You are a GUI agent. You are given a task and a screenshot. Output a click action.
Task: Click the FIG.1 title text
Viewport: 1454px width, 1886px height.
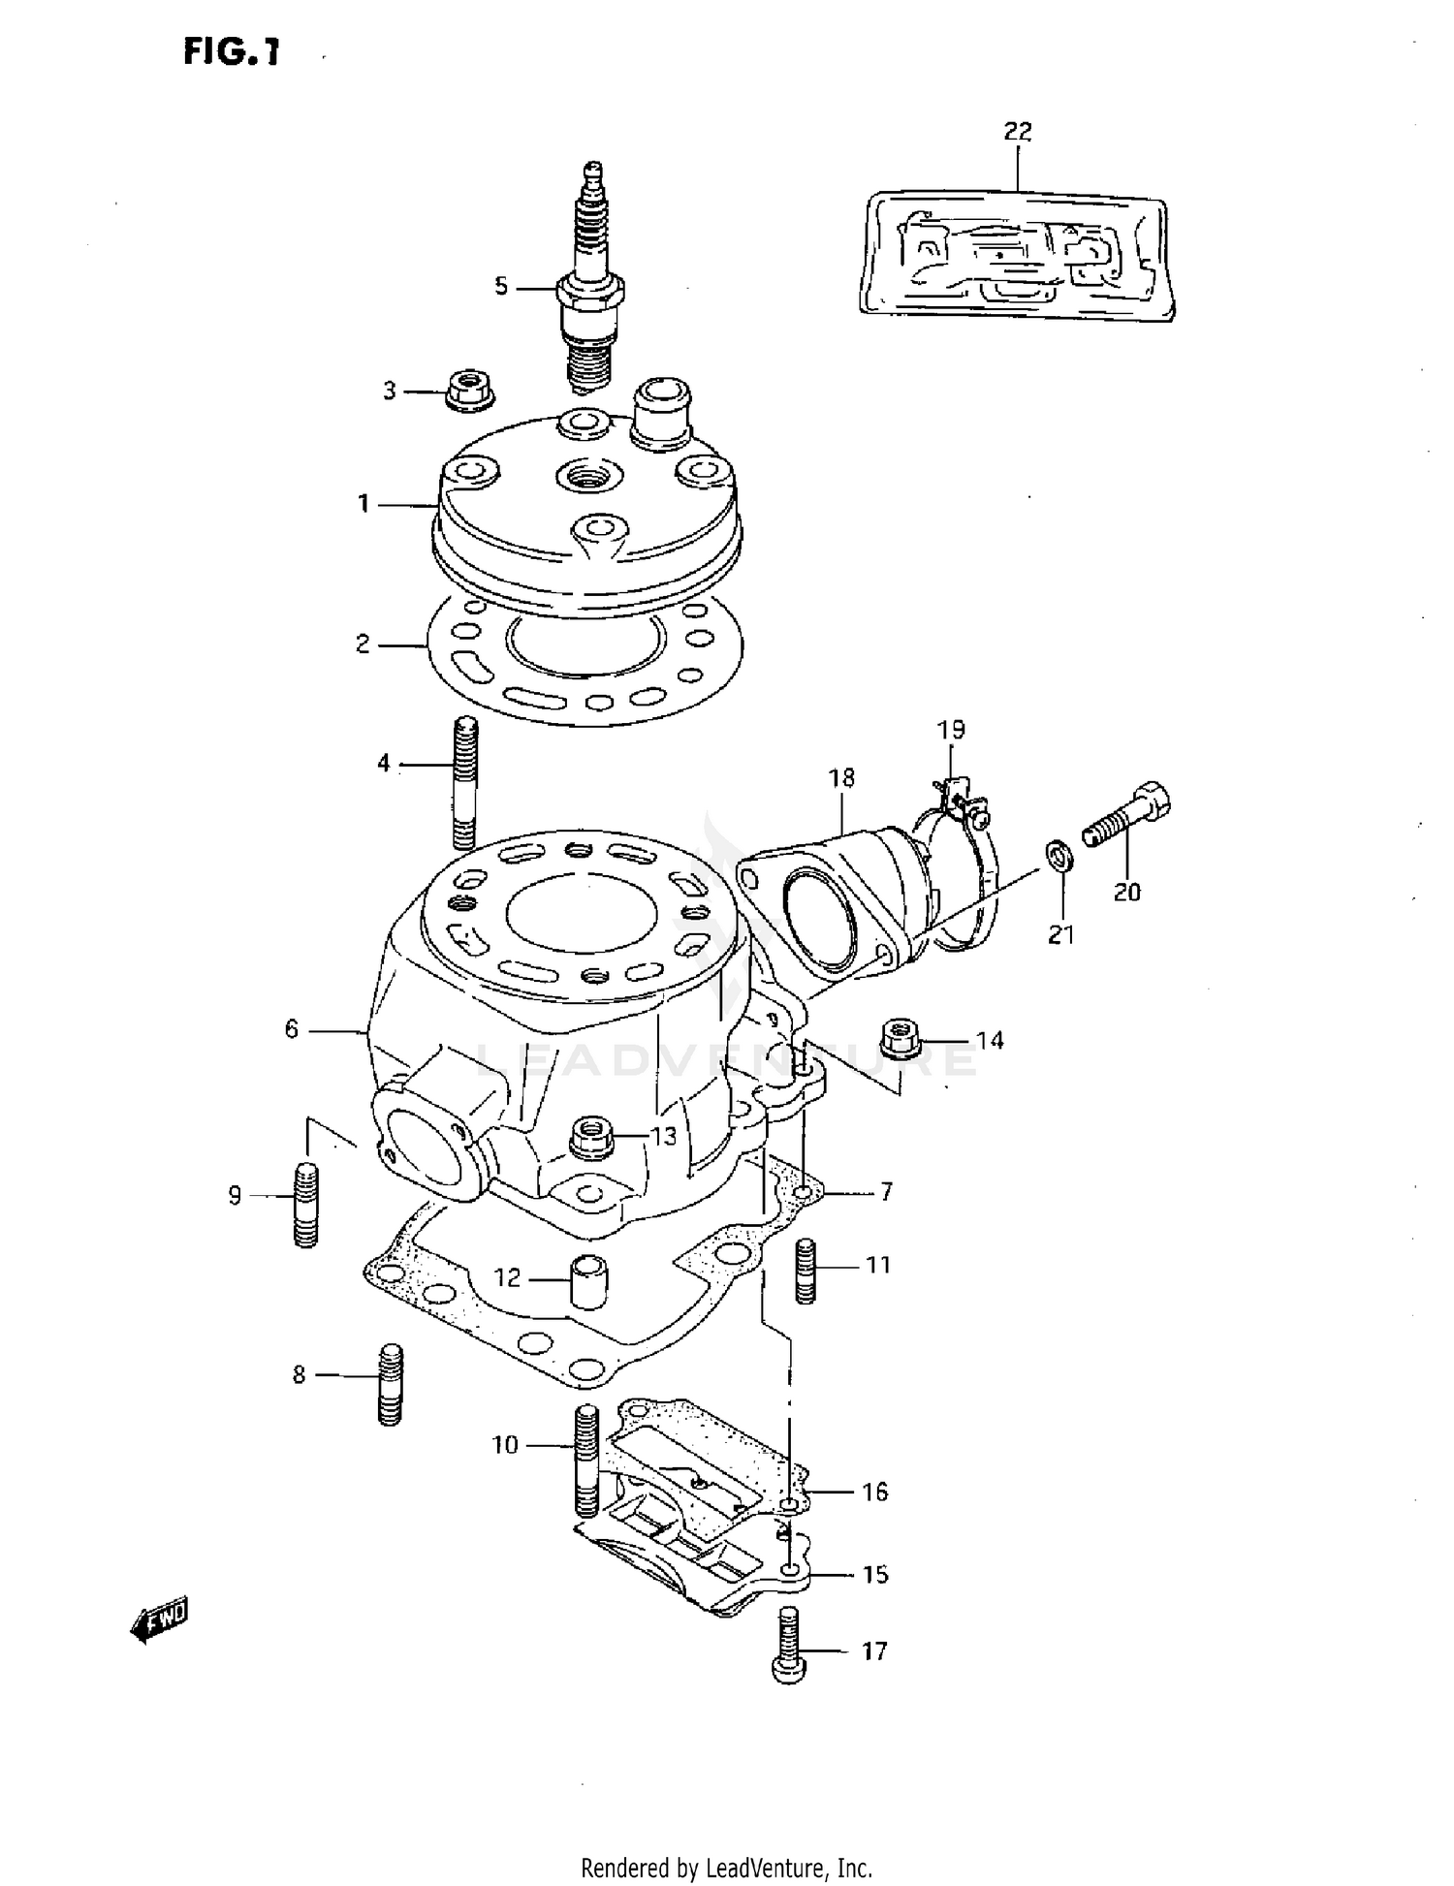[232, 52]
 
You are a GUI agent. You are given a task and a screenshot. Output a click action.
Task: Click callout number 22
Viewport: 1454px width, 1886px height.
[1017, 131]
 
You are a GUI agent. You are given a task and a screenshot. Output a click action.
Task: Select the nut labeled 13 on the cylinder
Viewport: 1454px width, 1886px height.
[591, 1136]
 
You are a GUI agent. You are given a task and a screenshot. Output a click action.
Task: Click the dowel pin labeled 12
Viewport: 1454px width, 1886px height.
[588, 1281]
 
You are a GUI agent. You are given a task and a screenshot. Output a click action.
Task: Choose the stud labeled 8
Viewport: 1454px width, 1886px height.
[390, 1383]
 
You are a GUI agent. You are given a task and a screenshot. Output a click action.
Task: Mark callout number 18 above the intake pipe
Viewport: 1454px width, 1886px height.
[841, 778]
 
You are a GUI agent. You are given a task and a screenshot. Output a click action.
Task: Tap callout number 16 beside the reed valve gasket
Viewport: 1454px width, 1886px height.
[874, 1492]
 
